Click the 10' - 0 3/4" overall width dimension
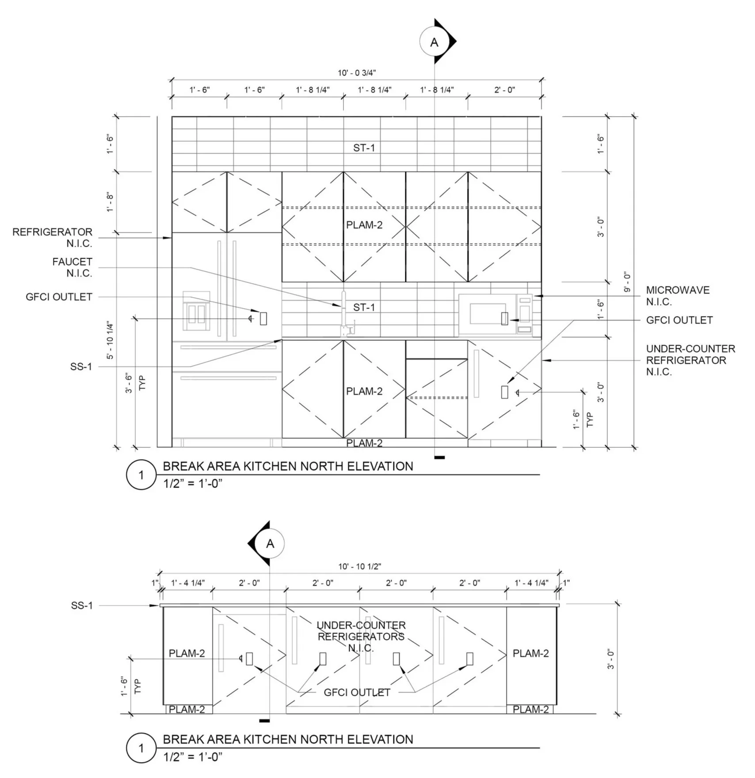click(356, 73)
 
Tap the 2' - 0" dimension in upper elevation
click(504, 90)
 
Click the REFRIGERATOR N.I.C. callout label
click(53, 237)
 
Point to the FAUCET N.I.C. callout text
click(72, 267)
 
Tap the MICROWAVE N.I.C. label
click(678, 296)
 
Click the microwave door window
click(488, 314)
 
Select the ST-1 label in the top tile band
click(364, 148)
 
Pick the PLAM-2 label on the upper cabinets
click(364, 225)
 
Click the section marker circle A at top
click(434, 42)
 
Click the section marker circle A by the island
click(270, 544)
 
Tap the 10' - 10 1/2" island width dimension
click(359, 566)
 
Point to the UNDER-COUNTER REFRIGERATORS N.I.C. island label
click(361, 637)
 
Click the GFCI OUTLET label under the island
click(357, 692)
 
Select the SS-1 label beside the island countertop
click(82, 605)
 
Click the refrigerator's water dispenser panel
click(196, 311)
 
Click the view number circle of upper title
click(141, 475)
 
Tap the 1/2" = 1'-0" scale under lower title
click(193, 757)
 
